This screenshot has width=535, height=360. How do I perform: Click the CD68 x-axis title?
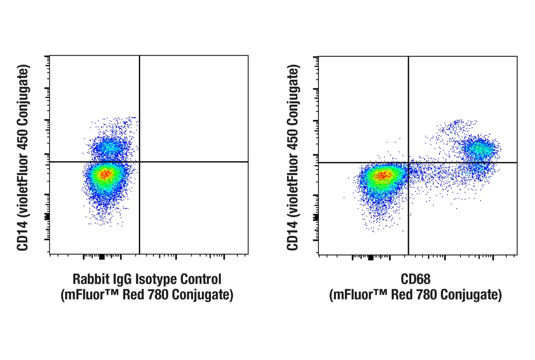415,280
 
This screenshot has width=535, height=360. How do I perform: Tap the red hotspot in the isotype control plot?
106,174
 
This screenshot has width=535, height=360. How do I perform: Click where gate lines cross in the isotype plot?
140,162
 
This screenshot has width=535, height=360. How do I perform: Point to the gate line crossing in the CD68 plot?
408,162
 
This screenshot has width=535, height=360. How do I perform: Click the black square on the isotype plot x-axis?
102,257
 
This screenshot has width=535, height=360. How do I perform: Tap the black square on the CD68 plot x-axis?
370,257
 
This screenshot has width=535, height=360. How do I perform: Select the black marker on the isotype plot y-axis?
47,216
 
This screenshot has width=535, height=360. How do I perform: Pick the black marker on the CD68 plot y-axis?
316,217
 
